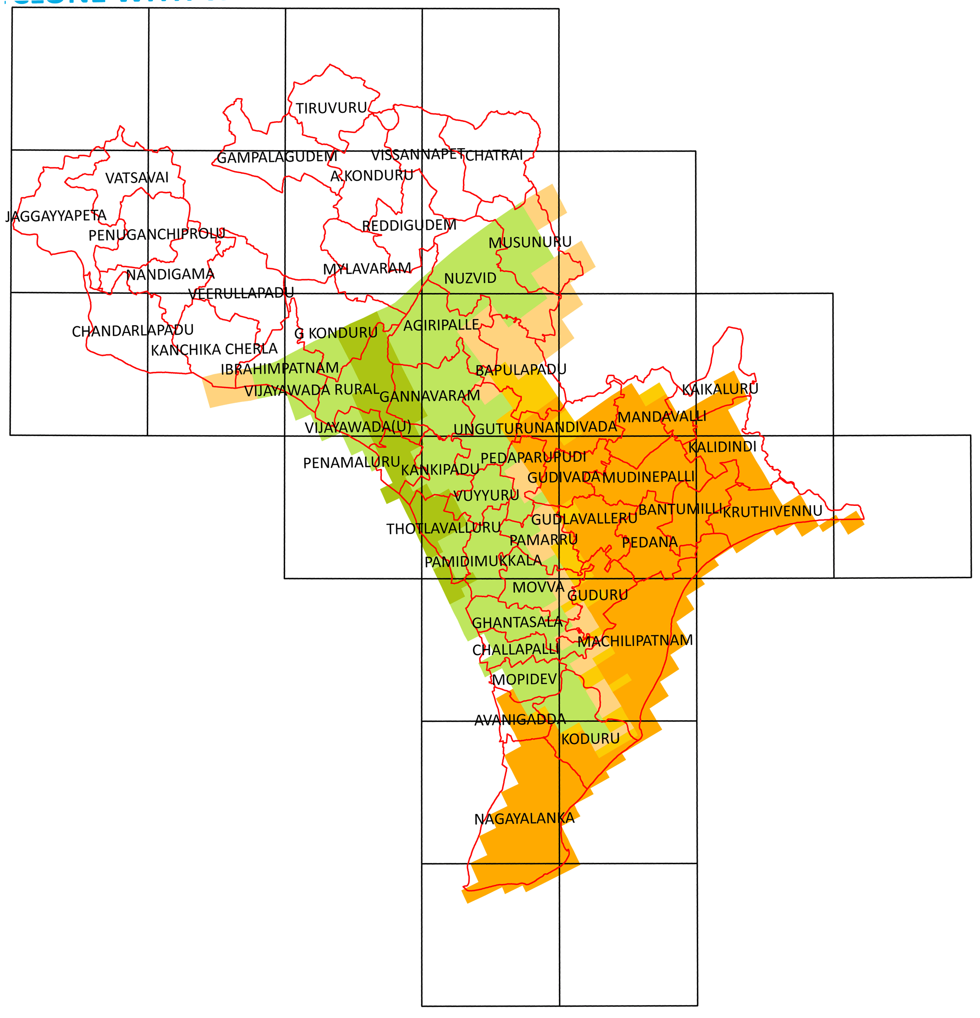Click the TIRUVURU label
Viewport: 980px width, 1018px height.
click(x=331, y=108)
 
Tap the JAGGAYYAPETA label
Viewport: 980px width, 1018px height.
click(x=56, y=216)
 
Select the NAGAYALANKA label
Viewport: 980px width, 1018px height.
click(x=524, y=819)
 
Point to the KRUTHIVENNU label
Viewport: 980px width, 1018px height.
click(x=772, y=511)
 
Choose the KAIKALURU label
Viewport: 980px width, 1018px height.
click(x=720, y=389)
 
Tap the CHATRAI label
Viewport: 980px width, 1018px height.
click(x=494, y=155)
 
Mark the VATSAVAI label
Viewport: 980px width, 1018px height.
click(x=137, y=178)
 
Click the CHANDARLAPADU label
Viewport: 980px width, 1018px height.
click(x=133, y=330)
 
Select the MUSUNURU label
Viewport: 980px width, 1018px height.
click(x=530, y=242)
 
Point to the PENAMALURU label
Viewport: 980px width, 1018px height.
click(x=352, y=462)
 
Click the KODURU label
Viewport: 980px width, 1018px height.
click(x=590, y=739)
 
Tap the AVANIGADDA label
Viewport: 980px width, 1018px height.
click(x=520, y=719)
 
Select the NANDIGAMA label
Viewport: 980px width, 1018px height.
click(x=170, y=274)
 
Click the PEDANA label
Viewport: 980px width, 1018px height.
click(x=650, y=542)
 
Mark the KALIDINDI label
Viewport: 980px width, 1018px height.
click(x=722, y=447)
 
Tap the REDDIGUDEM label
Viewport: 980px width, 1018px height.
click(x=409, y=226)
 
